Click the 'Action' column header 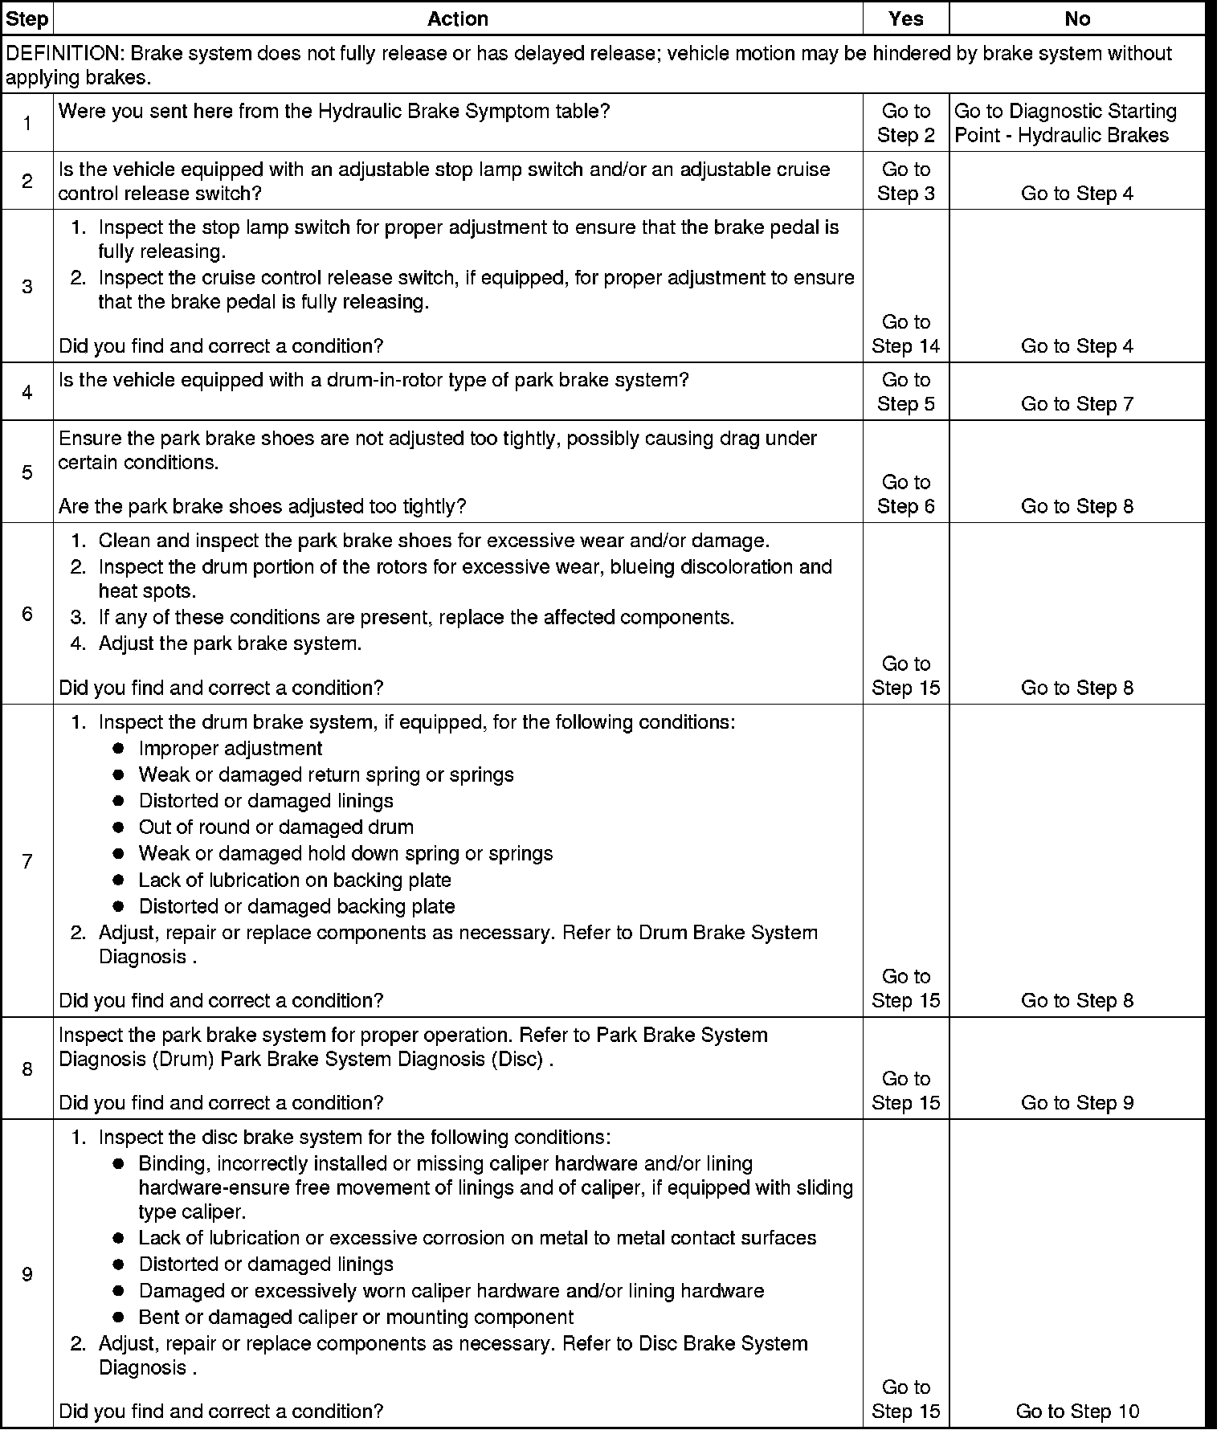458,18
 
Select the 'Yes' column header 905,18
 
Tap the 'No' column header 1076,18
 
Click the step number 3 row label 27,287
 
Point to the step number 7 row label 27,861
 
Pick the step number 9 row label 27,1274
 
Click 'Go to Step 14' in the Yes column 905,334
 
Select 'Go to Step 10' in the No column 1076,1412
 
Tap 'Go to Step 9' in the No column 1076,1103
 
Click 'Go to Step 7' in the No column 1076,404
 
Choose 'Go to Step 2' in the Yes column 905,123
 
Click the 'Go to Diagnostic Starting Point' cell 1065,123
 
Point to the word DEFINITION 62,54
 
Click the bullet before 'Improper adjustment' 118,749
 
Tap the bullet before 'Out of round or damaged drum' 118,827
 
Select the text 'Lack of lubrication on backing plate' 295,880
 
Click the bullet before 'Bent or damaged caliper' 118,1318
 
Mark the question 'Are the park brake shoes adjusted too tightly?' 262,507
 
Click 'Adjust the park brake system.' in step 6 230,643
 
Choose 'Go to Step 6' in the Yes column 905,494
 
